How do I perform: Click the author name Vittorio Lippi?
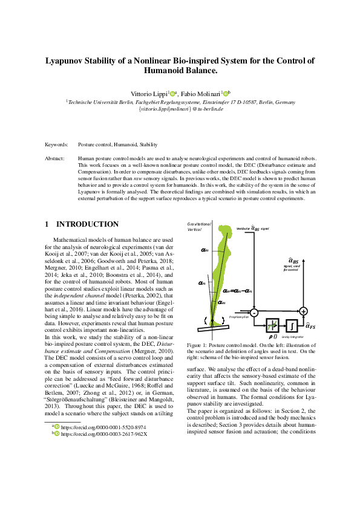(x=149, y=94)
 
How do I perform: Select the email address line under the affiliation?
(x=181, y=109)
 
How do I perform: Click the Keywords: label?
(x=57, y=145)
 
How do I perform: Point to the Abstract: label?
(x=55, y=158)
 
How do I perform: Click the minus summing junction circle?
(x=254, y=312)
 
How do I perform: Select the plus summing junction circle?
(x=304, y=311)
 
